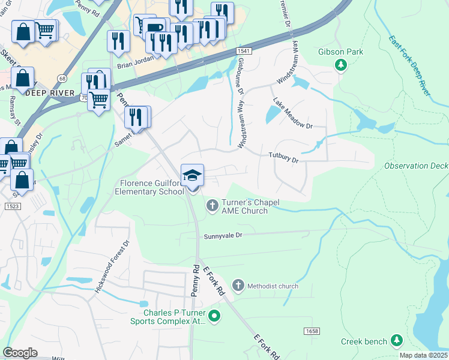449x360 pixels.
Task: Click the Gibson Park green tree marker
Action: point(341,64)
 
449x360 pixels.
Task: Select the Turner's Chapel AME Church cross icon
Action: point(212,206)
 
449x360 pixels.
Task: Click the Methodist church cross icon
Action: point(238,286)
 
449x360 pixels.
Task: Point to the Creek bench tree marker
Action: point(396,341)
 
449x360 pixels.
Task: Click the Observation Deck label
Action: point(416,166)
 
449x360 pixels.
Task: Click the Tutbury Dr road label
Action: point(283,158)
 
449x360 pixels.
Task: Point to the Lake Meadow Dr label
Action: point(293,113)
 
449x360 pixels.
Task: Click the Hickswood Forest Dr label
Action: point(112,267)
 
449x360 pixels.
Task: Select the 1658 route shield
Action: point(312,331)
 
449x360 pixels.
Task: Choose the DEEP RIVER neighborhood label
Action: point(50,93)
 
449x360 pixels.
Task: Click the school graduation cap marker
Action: point(192,175)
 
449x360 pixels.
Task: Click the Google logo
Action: point(20,352)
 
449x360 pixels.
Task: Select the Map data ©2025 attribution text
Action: point(423,355)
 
